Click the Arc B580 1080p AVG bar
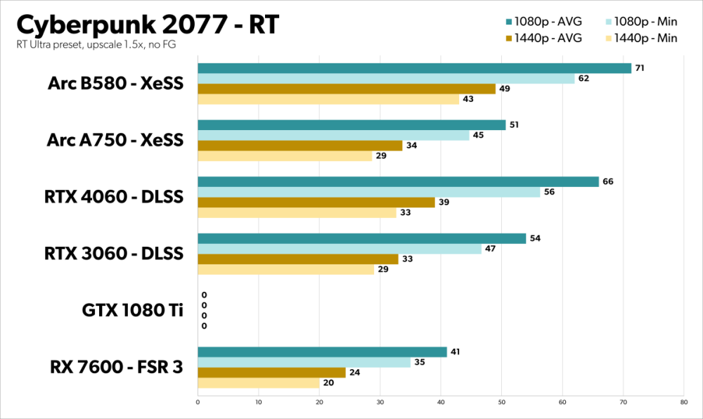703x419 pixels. [414, 68]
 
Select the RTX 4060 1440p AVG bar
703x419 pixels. [316, 202]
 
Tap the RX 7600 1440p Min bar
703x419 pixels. [259, 383]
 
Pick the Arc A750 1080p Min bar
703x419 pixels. [333, 136]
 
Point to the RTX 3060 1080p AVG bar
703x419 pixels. [362, 238]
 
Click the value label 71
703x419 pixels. [640, 68]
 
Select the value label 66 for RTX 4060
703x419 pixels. [608, 181]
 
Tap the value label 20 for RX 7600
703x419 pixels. [328, 382]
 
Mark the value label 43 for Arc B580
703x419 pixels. [468, 99]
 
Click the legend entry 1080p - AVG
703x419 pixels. [544, 22]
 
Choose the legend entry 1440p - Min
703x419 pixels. [641, 38]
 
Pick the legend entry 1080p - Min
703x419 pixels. [641, 22]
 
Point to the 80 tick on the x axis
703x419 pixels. [684, 402]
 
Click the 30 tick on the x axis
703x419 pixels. [380, 402]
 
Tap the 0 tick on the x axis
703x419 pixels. [198, 402]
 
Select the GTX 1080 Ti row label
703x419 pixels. [133, 310]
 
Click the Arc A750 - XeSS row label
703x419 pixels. [115, 141]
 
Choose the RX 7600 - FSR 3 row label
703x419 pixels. [117, 367]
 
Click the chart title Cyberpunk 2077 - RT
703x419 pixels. [148, 25]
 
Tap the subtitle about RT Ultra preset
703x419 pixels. [96, 44]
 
